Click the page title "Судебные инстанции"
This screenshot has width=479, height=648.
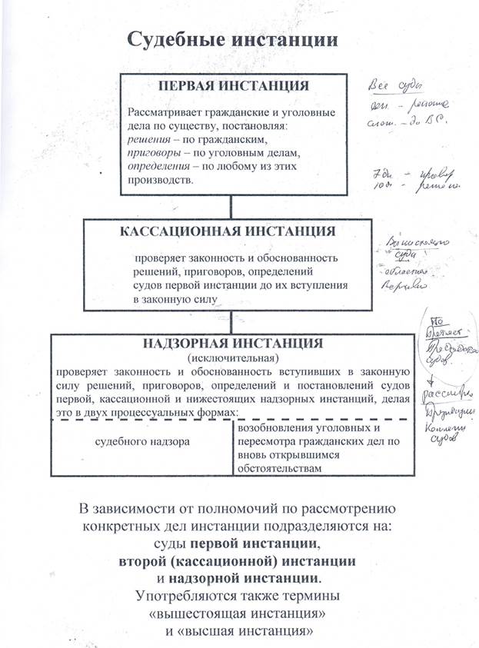231,38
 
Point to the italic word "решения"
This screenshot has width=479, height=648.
148,141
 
